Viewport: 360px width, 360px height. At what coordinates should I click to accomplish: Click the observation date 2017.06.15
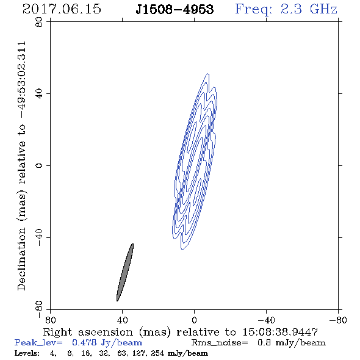[x=62, y=9]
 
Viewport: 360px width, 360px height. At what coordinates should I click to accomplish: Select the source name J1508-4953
[x=175, y=10]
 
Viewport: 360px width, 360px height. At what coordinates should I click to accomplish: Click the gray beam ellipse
[x=125, y=272]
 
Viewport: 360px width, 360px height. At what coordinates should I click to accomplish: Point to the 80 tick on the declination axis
[x=39, y=22]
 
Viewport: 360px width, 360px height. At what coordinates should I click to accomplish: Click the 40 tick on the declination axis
[x=39, y=94]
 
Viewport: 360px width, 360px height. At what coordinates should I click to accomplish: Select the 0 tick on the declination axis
[x=39, y=165]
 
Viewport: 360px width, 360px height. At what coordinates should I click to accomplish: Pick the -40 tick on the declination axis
[x=39, y=237]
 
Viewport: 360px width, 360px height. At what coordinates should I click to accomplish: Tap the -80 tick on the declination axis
[x=39, y=309]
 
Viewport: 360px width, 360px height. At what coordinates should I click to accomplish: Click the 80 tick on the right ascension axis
[x=50, y=320]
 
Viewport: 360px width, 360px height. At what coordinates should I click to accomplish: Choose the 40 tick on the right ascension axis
[x=122, y=320]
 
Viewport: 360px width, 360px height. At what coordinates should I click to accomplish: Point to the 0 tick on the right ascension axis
[x=194, y=320]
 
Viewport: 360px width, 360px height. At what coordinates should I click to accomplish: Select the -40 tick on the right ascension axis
[x=266, y=320]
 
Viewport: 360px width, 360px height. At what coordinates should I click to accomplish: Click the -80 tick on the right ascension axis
[x=338, y=320]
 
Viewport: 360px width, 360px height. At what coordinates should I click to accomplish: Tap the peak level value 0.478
[x=84, y=342]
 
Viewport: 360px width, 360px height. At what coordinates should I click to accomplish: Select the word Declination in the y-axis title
[x=21, y=259]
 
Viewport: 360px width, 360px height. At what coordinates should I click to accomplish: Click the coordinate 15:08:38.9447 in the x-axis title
[x=280, y=332]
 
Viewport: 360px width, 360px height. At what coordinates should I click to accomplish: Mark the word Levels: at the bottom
[x=27, y=353]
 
